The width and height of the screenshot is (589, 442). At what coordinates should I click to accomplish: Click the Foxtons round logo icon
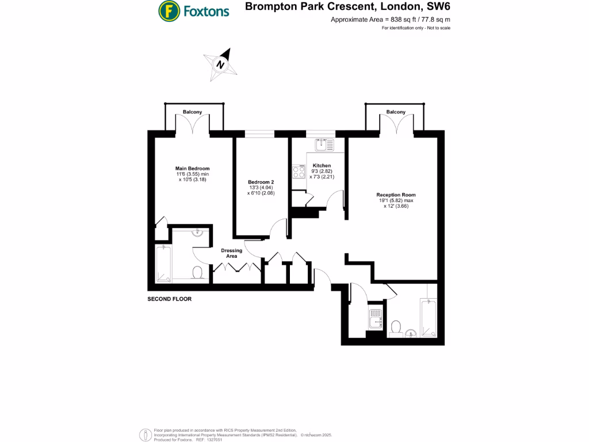pos(168,10)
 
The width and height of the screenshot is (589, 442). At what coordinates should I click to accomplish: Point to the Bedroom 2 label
pos(257,182)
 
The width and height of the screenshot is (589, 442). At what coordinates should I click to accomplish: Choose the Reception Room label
pos(396,195)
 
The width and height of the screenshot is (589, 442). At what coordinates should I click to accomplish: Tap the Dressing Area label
pos(232,253)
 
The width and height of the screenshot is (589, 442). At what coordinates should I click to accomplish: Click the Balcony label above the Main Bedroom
pos(192,112)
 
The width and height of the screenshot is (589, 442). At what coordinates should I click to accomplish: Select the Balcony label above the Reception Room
pos(396,112)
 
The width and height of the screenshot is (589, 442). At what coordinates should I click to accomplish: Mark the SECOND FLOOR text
pos(170,299)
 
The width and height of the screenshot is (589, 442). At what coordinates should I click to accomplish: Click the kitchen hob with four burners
pos(299,172)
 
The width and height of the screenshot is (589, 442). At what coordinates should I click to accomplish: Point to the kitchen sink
pos(321,144)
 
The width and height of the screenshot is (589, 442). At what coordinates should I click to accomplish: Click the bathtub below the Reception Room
pos(429,320)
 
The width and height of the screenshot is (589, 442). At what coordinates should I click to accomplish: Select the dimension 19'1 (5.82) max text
pos(396,201)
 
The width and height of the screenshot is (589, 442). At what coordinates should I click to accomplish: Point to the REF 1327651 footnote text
pos(209,440)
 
